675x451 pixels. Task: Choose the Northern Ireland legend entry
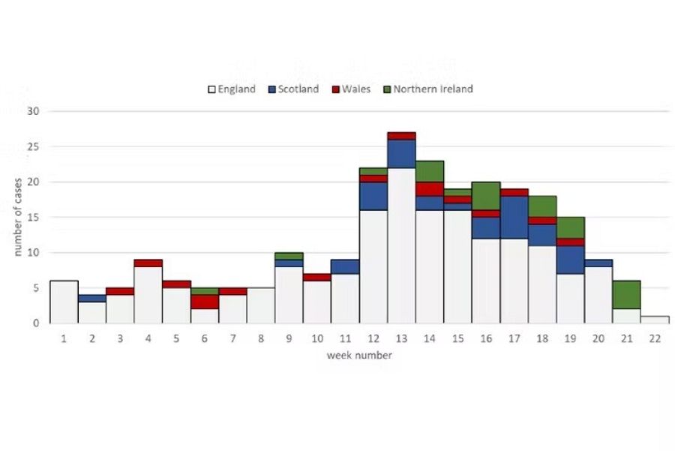click(427, 89)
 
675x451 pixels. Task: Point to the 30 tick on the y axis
click(33, 111)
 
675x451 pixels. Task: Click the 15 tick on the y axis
click(33, 217)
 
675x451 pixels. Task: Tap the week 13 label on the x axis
click(401, 338)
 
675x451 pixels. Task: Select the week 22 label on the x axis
click(655, 338)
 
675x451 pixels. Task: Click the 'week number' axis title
click(359, 355)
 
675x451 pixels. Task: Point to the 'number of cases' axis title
click(19, 218)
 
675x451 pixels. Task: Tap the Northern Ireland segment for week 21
click(626, 295)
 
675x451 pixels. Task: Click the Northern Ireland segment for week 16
click(486, 196)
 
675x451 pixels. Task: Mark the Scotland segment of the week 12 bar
click(373, 196)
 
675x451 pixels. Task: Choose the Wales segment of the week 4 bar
click(148, 263)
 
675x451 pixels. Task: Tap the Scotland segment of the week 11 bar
click(345, 266)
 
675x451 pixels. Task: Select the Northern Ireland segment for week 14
click(430, 171)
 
